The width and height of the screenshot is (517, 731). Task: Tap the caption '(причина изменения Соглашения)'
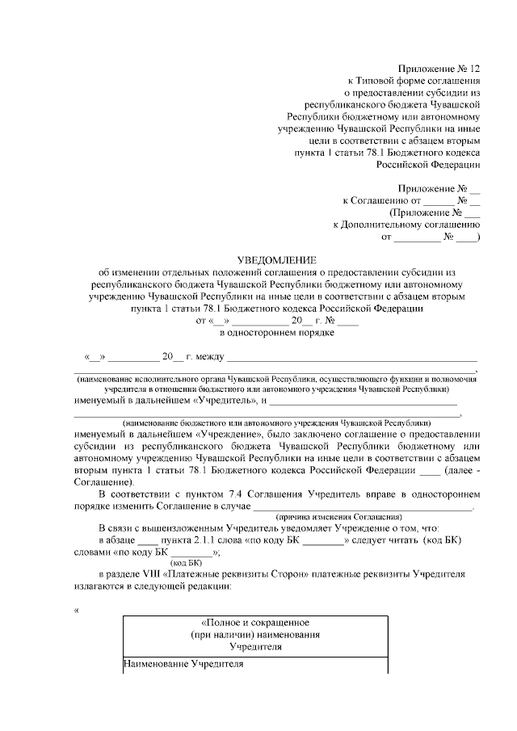coord(339,517)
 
